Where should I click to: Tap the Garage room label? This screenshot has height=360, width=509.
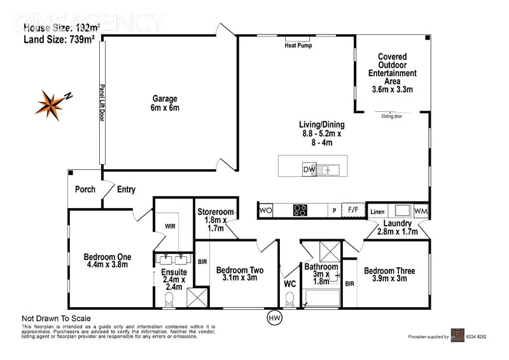165,103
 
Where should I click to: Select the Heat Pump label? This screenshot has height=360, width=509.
298,45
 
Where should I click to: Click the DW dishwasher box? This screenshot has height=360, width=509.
309,169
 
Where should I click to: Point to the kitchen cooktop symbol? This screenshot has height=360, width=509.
300,210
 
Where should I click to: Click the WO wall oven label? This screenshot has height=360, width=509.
265,210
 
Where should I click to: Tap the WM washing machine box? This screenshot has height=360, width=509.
421,211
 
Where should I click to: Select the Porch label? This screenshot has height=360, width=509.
85,189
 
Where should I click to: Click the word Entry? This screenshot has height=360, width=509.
126,189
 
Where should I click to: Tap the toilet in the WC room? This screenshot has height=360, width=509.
291,299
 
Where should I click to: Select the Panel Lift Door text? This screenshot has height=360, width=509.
101,106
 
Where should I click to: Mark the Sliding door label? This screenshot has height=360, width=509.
391,116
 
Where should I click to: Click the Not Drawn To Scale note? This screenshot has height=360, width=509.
57,319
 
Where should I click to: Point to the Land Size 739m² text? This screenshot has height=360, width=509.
59,39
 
